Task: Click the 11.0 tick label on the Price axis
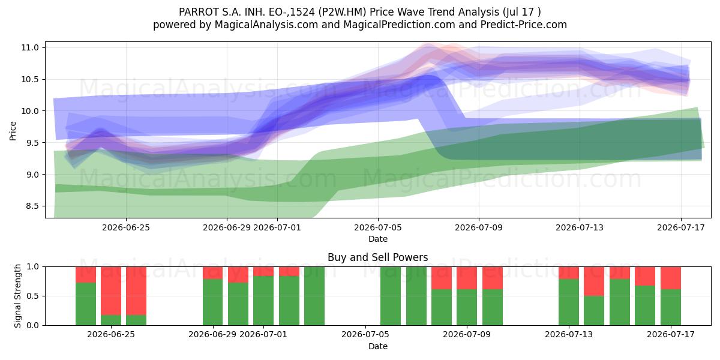[x=30, y=47]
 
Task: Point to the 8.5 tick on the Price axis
[x=32, y=206]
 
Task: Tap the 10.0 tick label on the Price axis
[x=30, y=111]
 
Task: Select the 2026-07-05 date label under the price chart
[x=378, y=227]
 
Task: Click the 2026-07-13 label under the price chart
[x=580, y=227]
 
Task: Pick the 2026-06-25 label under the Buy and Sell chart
[x=111, y=335]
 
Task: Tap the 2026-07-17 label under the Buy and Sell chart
[x=671, y=335]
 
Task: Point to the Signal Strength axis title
[x=17, y=296]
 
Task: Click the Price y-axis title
[x=13, y=131]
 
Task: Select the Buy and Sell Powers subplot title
[x=377, y=257]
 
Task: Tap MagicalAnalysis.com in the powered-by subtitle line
[x=266, y=25]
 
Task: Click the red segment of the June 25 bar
[x=111, y=290]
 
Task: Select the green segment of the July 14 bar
[x=594, y=311]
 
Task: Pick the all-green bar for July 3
[x=314, y=296]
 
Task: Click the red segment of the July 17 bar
[x=671, y=278]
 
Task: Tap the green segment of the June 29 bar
[x=212, y=302]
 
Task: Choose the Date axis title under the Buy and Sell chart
[x=377, y=346]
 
